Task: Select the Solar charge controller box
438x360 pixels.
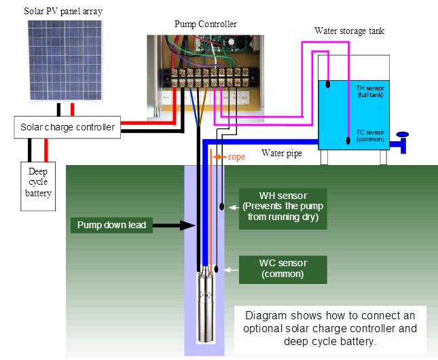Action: click(67, 127)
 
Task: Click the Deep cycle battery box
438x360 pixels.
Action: click(37, 183)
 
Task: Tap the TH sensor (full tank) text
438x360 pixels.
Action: click(371, 91)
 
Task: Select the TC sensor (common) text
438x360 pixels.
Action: click(371, 135)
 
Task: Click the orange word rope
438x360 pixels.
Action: click(236, 157)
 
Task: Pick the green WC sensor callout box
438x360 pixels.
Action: click(282, 269)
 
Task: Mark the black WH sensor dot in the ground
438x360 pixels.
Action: click(222, 206)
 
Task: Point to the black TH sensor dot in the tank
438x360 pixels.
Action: click(327, 85)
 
